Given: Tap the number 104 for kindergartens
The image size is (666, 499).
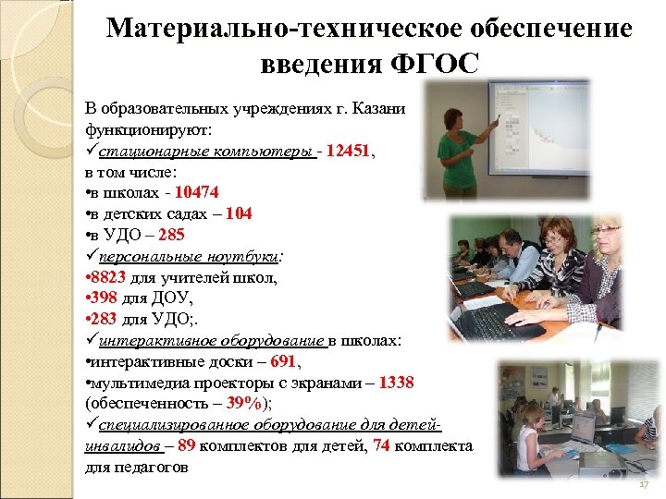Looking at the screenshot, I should (237, 213).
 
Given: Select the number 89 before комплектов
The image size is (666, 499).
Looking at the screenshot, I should (186, 445).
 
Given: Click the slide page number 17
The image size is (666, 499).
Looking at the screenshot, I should (644, 485).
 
